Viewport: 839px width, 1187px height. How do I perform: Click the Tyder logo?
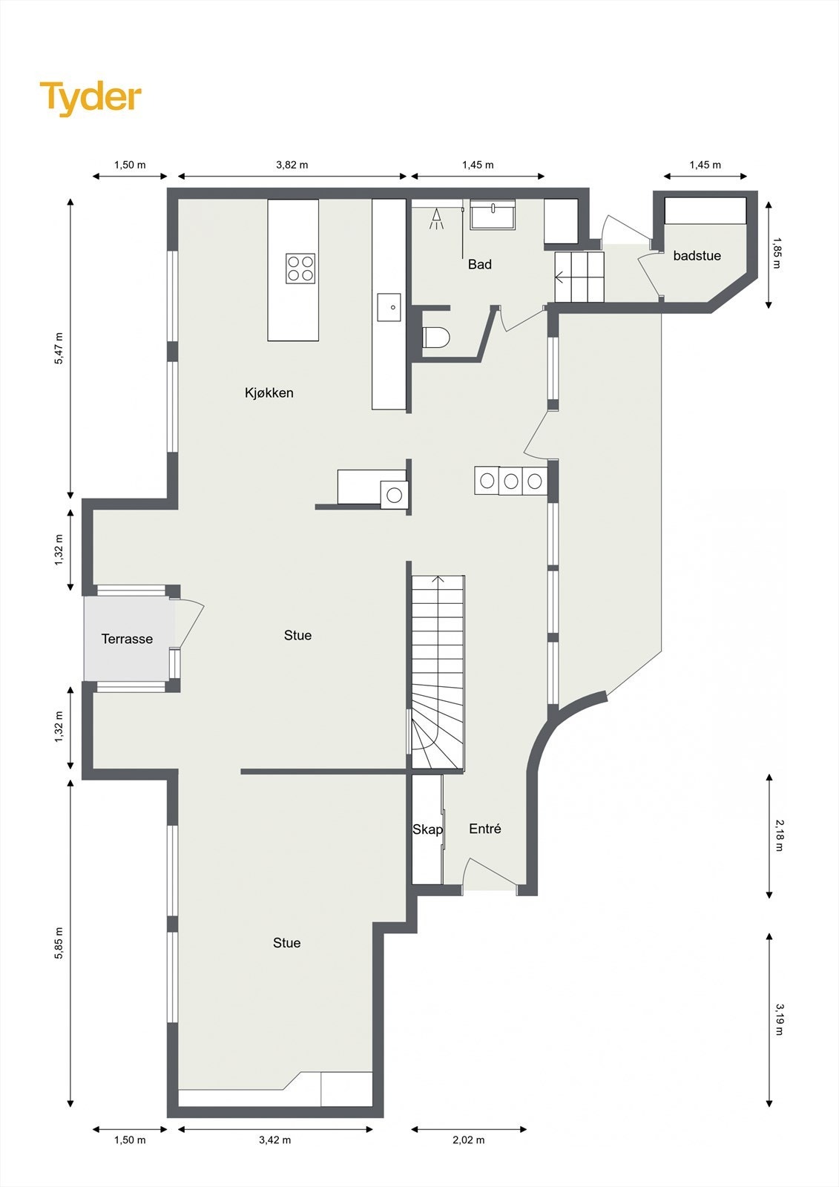point(91,98)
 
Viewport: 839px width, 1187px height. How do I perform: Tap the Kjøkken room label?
point(269,392)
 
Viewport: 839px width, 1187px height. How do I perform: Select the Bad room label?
point(480,264)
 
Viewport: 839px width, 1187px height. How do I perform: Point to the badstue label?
point(697,255)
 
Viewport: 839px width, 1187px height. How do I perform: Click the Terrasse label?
point(127,639)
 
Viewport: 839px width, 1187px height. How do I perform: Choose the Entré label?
point(485,828)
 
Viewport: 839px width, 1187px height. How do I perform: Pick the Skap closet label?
point(427,829)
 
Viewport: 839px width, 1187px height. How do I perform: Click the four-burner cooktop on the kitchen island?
point(300,268)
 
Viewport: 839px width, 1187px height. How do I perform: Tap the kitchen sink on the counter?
point(389,307)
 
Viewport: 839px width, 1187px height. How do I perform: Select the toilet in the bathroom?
point(435,337)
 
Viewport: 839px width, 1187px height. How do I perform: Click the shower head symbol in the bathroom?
point(437,219)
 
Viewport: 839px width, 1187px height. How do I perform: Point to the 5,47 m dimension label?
point(59,348)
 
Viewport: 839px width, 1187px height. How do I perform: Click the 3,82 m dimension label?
point(292,165)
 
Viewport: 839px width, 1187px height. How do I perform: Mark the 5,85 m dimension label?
point(59,943)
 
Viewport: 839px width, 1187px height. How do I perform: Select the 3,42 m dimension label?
point(275,1140)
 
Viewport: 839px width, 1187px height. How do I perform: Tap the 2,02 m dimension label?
point(469,1140)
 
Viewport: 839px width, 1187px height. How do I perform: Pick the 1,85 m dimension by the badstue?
point(777,253)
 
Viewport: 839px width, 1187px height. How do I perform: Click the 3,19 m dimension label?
point(780,1019)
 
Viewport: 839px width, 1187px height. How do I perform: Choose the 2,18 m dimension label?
point(780,835)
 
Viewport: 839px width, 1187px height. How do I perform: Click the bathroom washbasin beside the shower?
point(493,214)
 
